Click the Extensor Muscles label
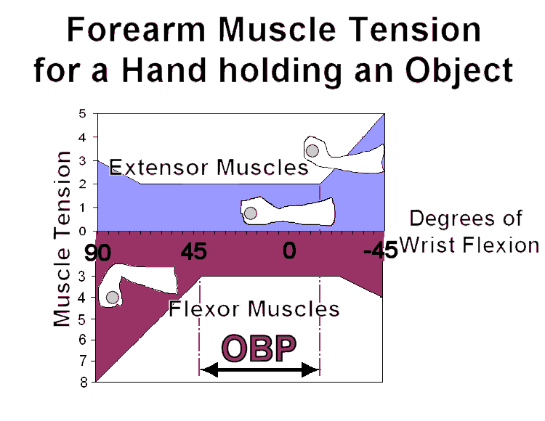pyautogui.click(x=209, y=167)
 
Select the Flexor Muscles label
pyautogui.click(x=254, y=308)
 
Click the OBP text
pyautogui.click(x=259, y=348)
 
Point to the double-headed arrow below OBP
pyautogui.click(x=259, y=369)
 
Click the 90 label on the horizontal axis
pyautogui.click(x=97, y=253)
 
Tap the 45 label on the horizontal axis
pyautogui.click(x=193, y=251)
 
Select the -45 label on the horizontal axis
pyautogui.click(x=380, y=250)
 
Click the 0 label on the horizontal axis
pyautogui.click(x=289, y=250)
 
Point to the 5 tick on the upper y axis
pyautogui.click(x=82, y=113)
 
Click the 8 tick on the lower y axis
pyautogui.click(x=84, y=383)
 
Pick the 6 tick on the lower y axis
pyautogui.click(x=82, y=340)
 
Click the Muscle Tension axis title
pyautogui.click(x=62, y=239)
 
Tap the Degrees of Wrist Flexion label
pyautogui.click(x=469, y=232)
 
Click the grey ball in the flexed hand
pyautogui.click(x=112, y=298)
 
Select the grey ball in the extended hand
pyautogui.click(x=312, y=151)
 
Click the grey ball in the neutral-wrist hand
pyautogui.click(x=250, y=213)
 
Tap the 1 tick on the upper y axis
pyautogui.click(x=82, y=208)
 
